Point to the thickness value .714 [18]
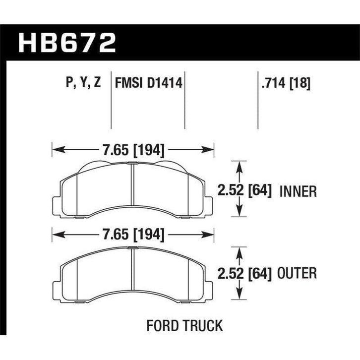tap(285, 82)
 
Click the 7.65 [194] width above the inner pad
tap(132, 148)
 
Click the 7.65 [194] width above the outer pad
tap(132, 233)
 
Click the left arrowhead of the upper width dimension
tap(56, 148)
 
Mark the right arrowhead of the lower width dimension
tap(210, 233)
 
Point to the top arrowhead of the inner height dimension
tap(240, 163)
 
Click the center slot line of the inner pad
tap(132, 191)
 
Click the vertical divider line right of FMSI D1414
tap(185, 99)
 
